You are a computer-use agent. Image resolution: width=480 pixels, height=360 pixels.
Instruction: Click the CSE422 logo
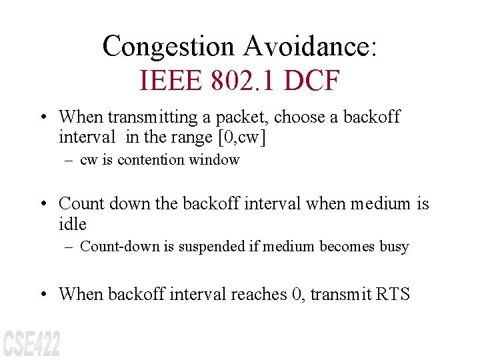point(31,343)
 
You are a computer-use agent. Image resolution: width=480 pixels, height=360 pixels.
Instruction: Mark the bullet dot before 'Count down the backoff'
point(43,203)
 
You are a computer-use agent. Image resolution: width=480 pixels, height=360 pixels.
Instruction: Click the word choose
point(301,117)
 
